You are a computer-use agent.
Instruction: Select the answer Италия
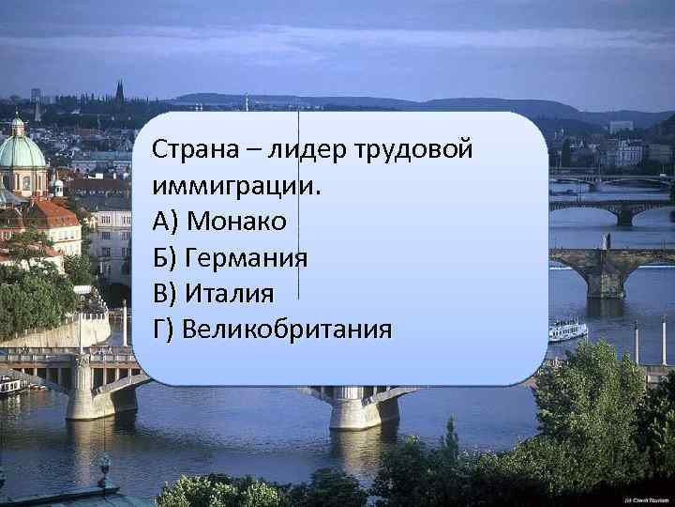[x=230, y=293]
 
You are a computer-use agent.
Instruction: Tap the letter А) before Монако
[x=165, y=221]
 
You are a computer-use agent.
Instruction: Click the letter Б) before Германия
[x=164, y=256]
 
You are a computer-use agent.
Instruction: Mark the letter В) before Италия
[x=164, y=293]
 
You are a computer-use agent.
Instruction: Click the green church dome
[x=20, y=149]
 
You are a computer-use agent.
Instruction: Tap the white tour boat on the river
[x=567, y=330]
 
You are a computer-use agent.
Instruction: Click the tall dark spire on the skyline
[x=119, y=91]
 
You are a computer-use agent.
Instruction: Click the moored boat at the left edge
[x=11, y=384]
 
